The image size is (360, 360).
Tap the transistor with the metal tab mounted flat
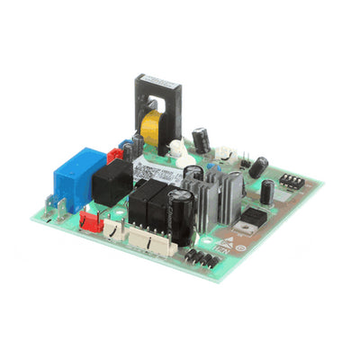point(255,216)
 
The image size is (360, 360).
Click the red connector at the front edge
point(90,219)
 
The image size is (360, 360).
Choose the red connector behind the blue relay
point(115,155)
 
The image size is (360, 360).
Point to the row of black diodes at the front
point(201,258)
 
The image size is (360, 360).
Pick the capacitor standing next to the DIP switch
point(267,192)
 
